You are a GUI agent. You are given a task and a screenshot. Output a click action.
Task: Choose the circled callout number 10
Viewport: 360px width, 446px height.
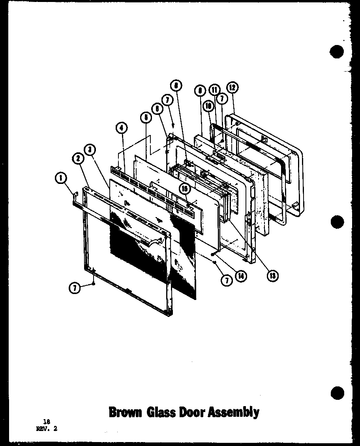(x=209, y=106)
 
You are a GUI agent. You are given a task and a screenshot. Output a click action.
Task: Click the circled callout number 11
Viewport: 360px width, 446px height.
(x=214, y=90)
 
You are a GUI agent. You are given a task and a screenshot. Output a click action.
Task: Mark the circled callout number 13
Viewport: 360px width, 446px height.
(x=272, y=276)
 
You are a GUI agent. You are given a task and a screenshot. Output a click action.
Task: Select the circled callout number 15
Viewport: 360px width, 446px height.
(x=184, y=189)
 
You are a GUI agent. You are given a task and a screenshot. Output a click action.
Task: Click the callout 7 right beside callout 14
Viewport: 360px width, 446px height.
(x=227, y=281)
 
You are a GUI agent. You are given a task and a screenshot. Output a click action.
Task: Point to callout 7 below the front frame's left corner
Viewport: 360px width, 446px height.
(x=74, y=289)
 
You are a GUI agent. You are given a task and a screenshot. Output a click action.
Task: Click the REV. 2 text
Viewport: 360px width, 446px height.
(x=47, y=429)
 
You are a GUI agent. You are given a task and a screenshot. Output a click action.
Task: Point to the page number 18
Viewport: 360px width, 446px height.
(x=47, y=422)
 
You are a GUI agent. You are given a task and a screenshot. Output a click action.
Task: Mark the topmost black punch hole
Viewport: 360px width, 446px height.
(x=337, y=52)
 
